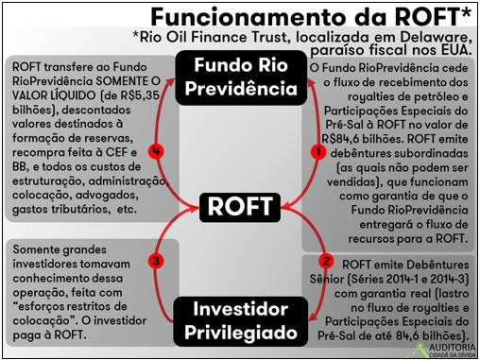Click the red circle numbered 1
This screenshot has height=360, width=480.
point(318,152)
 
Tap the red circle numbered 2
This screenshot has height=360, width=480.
point(326,261)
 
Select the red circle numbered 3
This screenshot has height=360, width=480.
point(156,261)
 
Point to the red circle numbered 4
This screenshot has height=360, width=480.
point(156,151)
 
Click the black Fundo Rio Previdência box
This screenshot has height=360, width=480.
point(241,77)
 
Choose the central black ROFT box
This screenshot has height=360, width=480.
point(240,207)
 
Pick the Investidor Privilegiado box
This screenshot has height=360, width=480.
point(241,321)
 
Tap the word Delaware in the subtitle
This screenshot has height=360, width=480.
point(437,37)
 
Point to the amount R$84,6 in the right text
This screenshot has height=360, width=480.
point(341,139)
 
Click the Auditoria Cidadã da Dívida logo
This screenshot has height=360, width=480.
point(445,351)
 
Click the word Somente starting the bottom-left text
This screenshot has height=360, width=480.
point(36,249)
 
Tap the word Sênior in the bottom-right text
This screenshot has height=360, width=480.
point(327,279)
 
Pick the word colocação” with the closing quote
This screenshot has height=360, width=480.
point(45,321)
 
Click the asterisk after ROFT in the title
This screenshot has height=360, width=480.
point(467,12)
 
